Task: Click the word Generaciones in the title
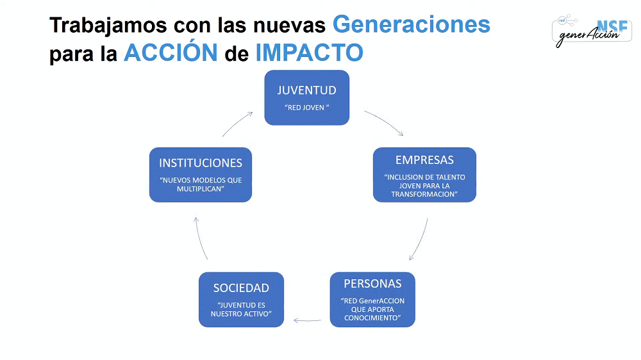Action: point(412,24)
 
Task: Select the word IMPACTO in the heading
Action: point(310,53)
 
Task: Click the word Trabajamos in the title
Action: point(108,26)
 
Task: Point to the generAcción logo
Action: point(592,31)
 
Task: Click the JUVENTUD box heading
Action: point(306,90)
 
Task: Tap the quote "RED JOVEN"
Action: point(306,108)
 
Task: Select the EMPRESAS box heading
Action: point(424,160)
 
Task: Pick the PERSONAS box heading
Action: point(372,284)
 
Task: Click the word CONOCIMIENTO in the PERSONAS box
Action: point(372,318)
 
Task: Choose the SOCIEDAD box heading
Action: point(241,288)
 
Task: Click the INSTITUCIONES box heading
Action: point(200,163)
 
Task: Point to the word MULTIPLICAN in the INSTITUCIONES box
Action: point(200,189)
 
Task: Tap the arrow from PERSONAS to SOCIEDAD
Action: point(308,320)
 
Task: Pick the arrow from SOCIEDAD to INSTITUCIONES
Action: point(199,238)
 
